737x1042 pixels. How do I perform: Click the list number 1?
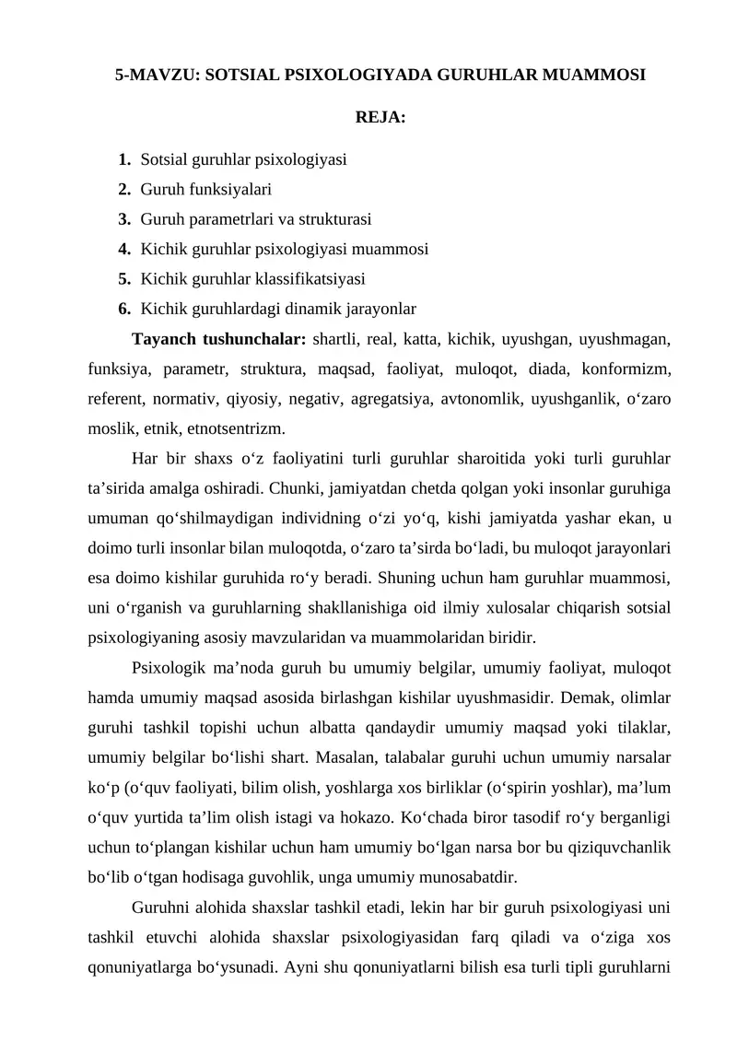(x=123, y=159)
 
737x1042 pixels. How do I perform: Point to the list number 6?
(x=123, y=307)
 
